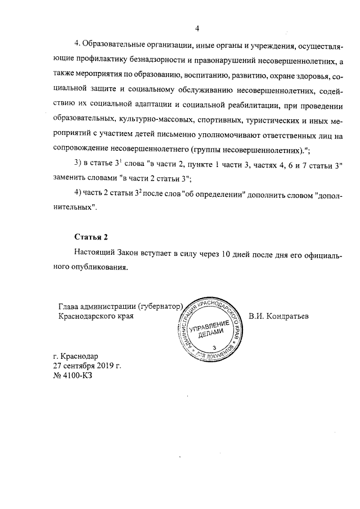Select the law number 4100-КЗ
(76, 376)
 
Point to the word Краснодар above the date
(79, 356)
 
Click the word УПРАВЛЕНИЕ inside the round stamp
(211, 328)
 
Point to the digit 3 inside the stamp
(214, 349)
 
